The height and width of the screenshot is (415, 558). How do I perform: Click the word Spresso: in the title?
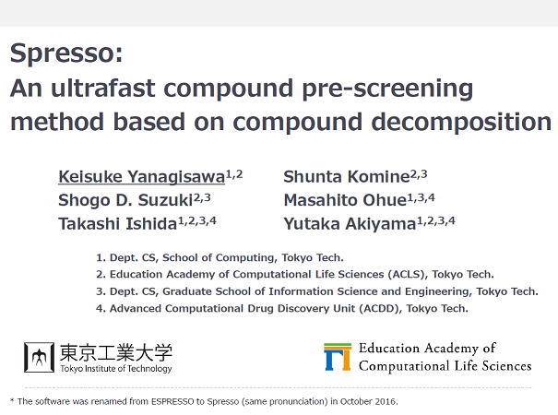[x=66, y=53]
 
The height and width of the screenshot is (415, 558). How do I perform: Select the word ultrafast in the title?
[x=103, y=88]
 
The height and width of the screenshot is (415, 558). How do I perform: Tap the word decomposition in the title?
[x=461, y=122]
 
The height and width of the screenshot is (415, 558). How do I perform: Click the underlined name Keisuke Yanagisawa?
[x=142, y=176]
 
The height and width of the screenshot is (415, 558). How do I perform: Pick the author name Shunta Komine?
[x=347, y=176]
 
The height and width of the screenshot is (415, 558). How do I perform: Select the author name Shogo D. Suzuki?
[x=125, y=200]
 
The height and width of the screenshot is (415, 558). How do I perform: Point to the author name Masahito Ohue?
[x=345, y=200]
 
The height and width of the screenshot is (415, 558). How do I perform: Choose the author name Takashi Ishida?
[x=118, y=224]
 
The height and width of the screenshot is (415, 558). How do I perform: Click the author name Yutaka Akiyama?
[x=350, y=224]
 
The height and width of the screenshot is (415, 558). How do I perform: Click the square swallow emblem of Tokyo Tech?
[x=39, y=357]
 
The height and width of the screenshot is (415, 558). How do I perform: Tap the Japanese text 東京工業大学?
[x=116, y=352]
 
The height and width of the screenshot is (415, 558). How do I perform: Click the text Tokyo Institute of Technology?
[x=116, y=368]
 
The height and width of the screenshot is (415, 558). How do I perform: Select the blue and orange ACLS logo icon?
[x=338, y=357]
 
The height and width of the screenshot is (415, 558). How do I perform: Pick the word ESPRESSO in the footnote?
[x=172, y=401]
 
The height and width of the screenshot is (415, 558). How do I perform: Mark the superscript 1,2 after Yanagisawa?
[x=234, y=174]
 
